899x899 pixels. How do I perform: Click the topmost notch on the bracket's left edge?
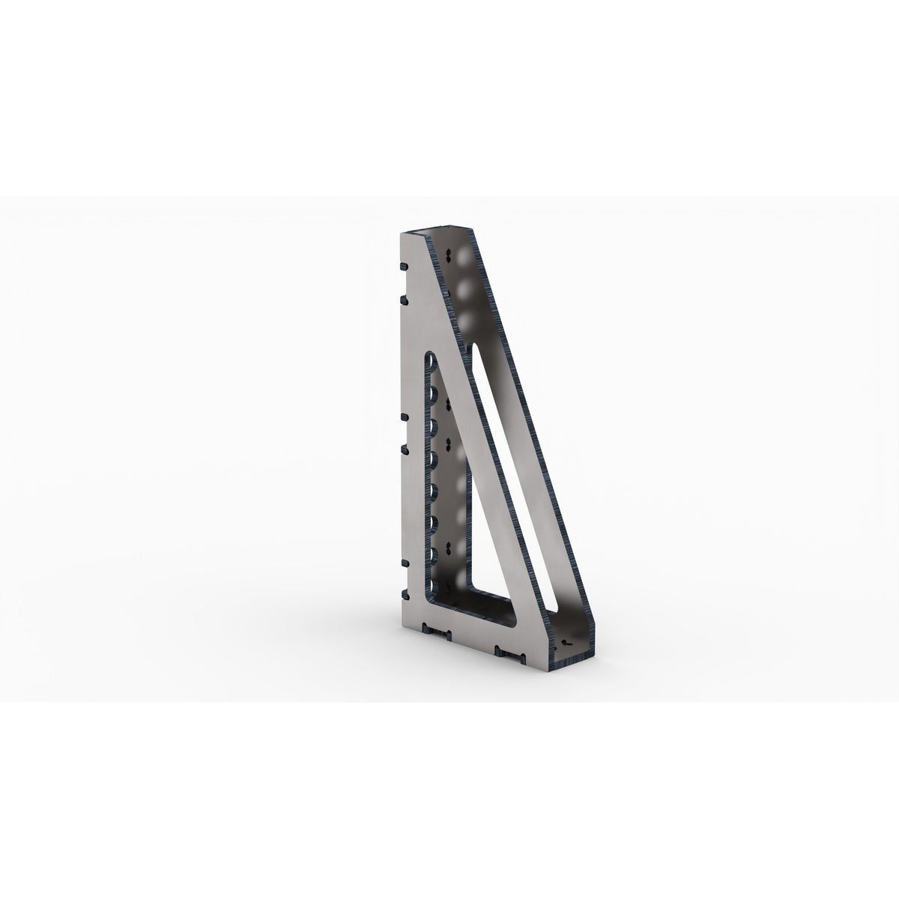pos(404,266)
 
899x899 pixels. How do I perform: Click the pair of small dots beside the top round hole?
pos(447,257)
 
